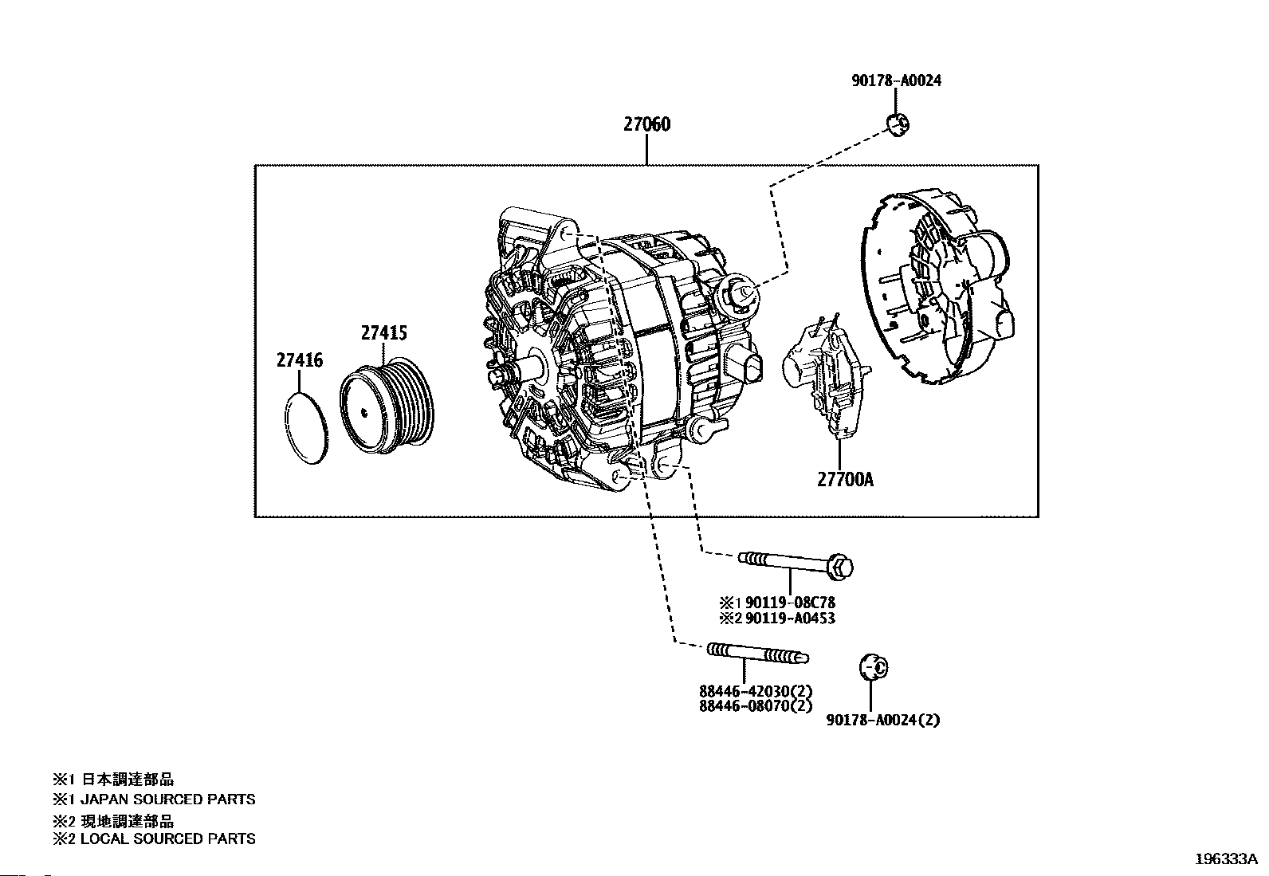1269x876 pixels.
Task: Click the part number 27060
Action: [646, 124]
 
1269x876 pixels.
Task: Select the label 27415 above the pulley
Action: [384, 333]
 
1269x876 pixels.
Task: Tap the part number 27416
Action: [300, 360]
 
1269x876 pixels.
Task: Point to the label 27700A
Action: [845, 480]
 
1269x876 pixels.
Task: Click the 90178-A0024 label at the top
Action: [896, 81]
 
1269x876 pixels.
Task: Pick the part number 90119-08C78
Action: [790, 603]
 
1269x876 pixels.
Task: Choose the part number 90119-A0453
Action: [790, 619]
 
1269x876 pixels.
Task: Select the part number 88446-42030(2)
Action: [756, 691]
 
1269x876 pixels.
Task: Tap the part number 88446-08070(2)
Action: [756, 706]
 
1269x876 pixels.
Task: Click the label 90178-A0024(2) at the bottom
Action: [882, 721]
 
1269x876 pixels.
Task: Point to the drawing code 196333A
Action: [1226, 859]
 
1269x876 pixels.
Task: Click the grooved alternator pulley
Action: [387, 407]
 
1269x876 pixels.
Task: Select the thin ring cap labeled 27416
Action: [306, 428]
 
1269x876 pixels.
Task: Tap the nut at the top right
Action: [898, 124]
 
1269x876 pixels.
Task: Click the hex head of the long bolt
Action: [839, 568]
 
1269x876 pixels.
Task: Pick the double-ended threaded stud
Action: [758, 653]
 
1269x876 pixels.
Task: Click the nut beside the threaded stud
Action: [874, 667]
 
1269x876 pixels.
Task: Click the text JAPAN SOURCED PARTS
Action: [167, 799]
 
